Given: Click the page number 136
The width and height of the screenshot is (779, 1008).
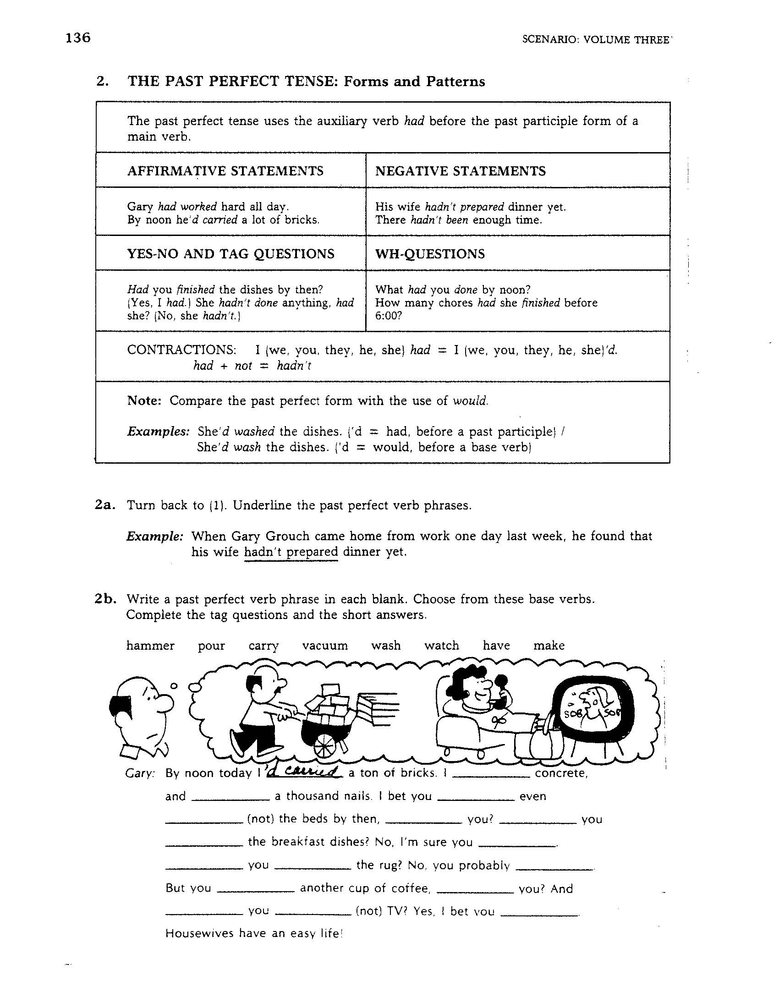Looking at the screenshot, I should (78, 38).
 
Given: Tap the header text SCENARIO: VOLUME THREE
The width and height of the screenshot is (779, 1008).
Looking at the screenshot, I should (595, 40).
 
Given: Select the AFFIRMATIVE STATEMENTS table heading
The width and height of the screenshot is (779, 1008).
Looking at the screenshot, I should (225, 171).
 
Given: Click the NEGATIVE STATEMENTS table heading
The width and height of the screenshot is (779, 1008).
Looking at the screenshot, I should (460, 171).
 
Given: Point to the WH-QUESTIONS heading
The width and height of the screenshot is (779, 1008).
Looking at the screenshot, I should (430, 254).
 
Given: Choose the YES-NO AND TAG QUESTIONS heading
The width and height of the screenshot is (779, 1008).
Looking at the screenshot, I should (231, 254).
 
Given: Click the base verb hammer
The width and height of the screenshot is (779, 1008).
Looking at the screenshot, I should (150, 646).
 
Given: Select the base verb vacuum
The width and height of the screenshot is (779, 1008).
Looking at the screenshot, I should (325, 646).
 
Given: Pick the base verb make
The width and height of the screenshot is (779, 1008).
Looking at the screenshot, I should (549, 646).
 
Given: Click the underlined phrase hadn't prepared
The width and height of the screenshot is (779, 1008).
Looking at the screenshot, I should (291, 552).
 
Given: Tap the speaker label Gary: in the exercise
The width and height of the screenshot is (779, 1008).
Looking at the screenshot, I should (140, 774).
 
